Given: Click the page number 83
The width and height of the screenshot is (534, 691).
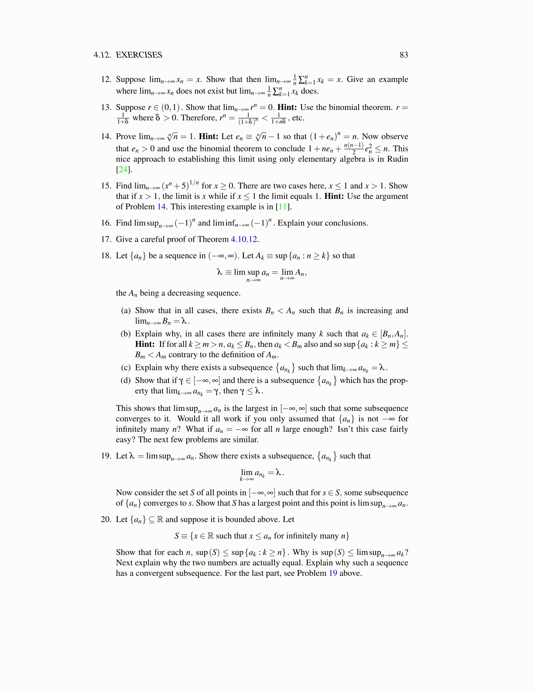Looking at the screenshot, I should [x=404, y=55].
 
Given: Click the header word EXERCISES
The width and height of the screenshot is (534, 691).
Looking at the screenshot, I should [x=139, y=55].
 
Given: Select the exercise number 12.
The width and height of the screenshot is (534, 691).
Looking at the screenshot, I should [x=106, y=79].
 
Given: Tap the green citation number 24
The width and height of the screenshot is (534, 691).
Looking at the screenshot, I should [x=123, y=170].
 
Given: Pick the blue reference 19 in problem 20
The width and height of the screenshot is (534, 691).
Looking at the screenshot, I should [x=333, y=573].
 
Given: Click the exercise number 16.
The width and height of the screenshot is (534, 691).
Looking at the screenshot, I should [x=106, y=223].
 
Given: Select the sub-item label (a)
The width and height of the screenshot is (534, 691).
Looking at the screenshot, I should [x=126, y=311].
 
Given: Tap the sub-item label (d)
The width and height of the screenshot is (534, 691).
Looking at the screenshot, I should [x=126, y=380].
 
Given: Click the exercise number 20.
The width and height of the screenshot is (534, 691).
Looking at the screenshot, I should [x=106, y=520].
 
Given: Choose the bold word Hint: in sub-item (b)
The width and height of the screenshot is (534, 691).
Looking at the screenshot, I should [x=145, y=344].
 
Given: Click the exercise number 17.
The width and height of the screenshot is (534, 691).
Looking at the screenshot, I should [x=106, y=239].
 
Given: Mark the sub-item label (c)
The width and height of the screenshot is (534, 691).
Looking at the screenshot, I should [x=126, y=368].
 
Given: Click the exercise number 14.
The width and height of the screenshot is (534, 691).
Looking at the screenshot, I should [x=106, y=137].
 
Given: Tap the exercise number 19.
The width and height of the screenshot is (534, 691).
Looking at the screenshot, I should [x=106, y=456].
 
